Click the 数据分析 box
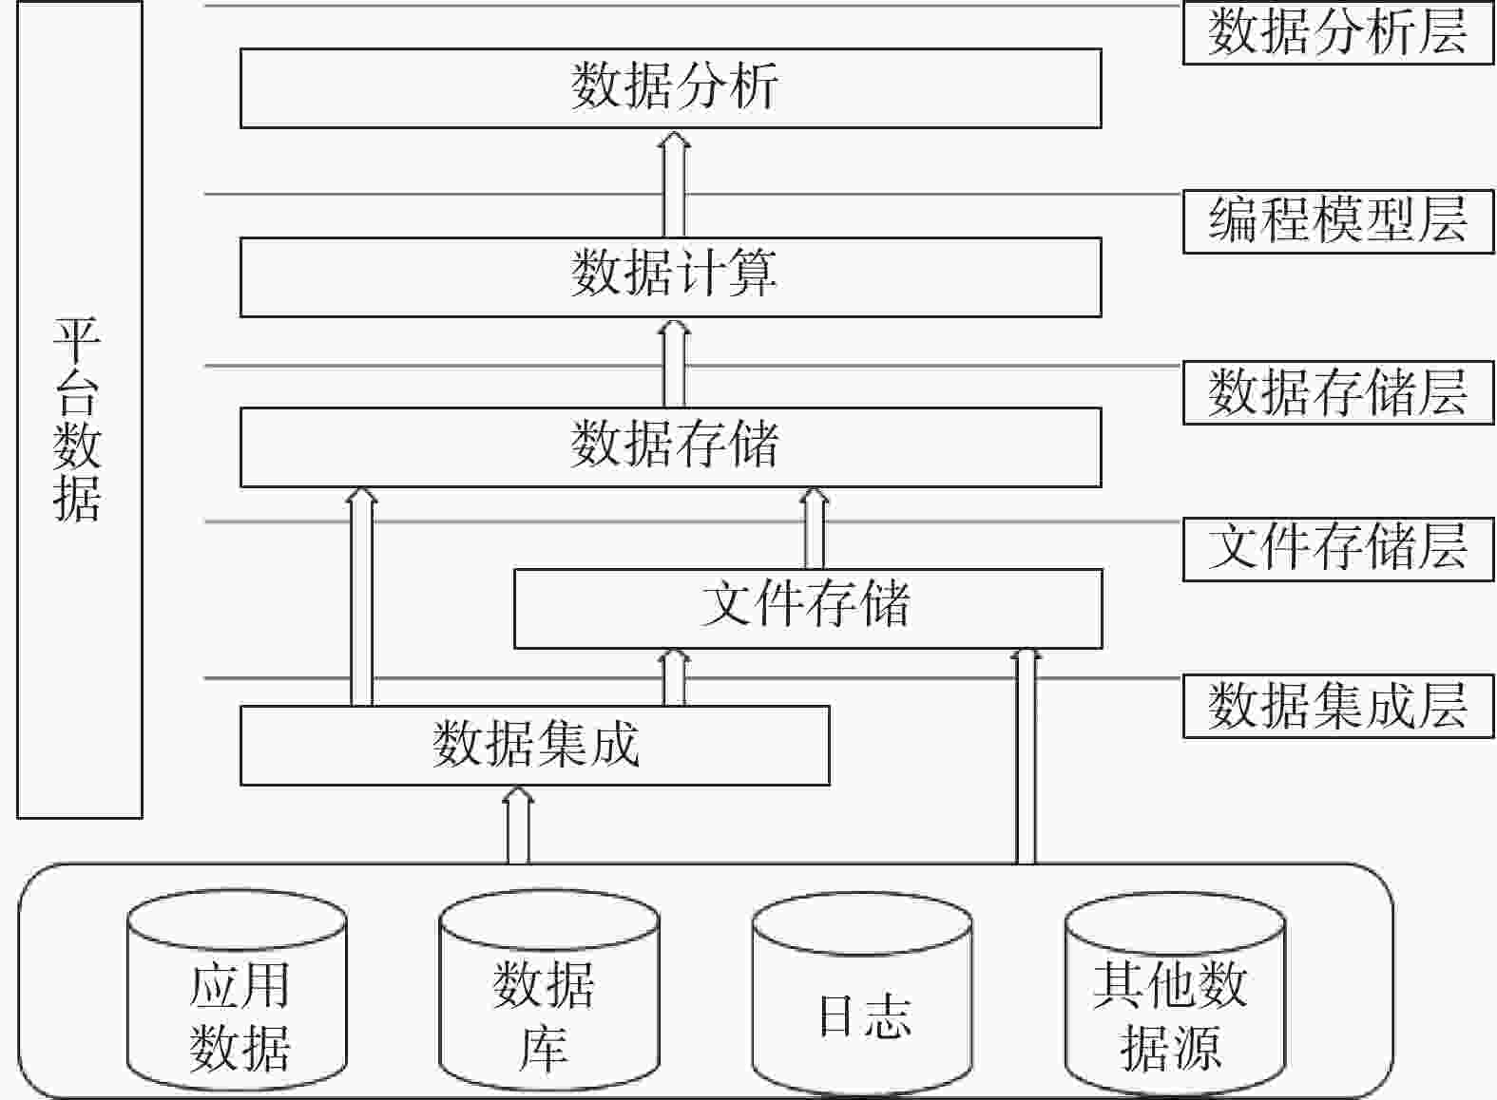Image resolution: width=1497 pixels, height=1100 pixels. click(x=671, y=88)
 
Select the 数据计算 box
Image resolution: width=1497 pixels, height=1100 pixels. click(x=671, y=276)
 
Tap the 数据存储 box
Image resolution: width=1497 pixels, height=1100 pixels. click(x=671, y=446)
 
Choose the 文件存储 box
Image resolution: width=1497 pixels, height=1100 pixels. click(x=808, y=609)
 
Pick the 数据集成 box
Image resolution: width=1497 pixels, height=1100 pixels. click(x=534, y=746)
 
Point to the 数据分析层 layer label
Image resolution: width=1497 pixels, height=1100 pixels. click(x=1338, y=32)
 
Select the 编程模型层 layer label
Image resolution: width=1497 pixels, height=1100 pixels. click(x=1338, y=221)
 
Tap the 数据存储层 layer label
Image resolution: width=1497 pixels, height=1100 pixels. click(x=1338, y=392)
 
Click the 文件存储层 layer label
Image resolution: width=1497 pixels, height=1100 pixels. click(x=1338, y=549)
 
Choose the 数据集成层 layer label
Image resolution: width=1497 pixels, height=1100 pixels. click(x=1338, y=706)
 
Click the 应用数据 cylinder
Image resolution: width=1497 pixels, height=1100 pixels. click(x=238, y=990)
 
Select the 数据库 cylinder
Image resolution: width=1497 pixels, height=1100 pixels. click(x=549, y=990)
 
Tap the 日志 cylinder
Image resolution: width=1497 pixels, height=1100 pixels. click(x=862, y=992)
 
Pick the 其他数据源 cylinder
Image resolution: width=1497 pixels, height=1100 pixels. click(x=1175, y=992)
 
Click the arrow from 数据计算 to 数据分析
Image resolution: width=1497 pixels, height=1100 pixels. click(x=674, y=183)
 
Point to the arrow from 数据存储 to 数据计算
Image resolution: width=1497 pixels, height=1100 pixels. click(x=674, y=363)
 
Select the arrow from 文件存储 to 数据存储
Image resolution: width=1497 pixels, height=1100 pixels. click(x=814, y=528)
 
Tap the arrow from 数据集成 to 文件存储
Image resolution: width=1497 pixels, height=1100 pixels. click(x=674, y=677)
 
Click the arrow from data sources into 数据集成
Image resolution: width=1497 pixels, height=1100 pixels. click(x=518, y=825)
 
